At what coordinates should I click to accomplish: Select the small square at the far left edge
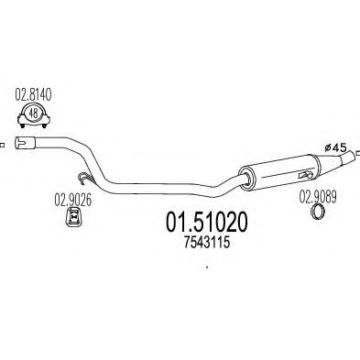(x=3, y=142)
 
